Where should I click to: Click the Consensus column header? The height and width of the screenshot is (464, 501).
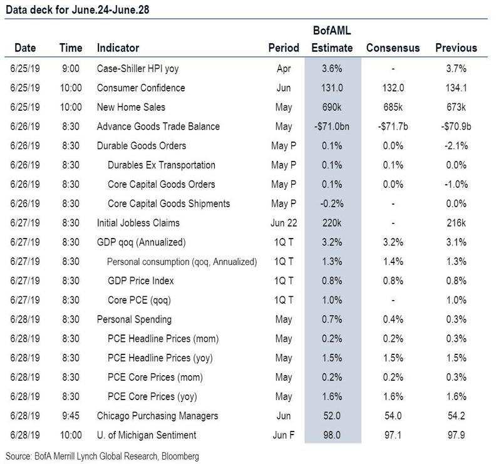tap(393, 48)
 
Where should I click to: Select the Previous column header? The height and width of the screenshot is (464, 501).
tap(456, 48)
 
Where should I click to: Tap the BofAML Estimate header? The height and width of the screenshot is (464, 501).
tap(332, 39)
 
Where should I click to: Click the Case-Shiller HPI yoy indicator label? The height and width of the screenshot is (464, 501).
tap(138, 69)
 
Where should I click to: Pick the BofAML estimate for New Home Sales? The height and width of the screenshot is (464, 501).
tap(332, 107)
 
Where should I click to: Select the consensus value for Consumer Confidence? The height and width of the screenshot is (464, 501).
tap(393, 88)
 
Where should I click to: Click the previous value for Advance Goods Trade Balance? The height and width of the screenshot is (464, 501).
tap(456, 126)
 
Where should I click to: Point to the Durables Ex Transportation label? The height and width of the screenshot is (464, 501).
tap(162, 165)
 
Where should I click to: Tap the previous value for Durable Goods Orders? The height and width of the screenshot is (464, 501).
tap(456, 146)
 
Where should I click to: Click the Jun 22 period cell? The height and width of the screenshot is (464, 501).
tap(284, 223)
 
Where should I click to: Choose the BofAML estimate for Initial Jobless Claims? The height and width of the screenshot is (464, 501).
tap(332, 223)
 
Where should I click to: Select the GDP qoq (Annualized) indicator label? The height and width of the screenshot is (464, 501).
tap(142, 242)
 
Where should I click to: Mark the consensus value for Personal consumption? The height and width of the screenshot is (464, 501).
tap(393, 261)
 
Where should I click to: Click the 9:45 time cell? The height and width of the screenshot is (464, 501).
tap(71, 416)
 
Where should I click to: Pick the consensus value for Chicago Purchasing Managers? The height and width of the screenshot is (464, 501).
tap(393, 416)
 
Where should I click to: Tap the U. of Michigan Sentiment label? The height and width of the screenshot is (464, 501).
tap(147, 435)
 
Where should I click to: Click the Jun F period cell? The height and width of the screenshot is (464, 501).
tap(284, 435)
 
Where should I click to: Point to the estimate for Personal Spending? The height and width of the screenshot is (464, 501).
tap(332, 319)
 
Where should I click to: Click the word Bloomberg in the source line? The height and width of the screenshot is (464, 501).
tap(180, 456)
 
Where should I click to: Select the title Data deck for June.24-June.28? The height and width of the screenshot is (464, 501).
tap(77, 9)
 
